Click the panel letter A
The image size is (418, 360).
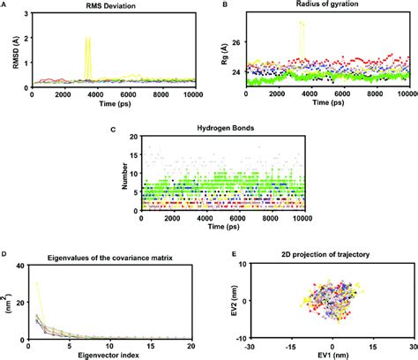click(4, 4)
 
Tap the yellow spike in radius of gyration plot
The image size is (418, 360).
click(302, 24)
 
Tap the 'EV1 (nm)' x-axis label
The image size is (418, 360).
click(333, 355)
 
